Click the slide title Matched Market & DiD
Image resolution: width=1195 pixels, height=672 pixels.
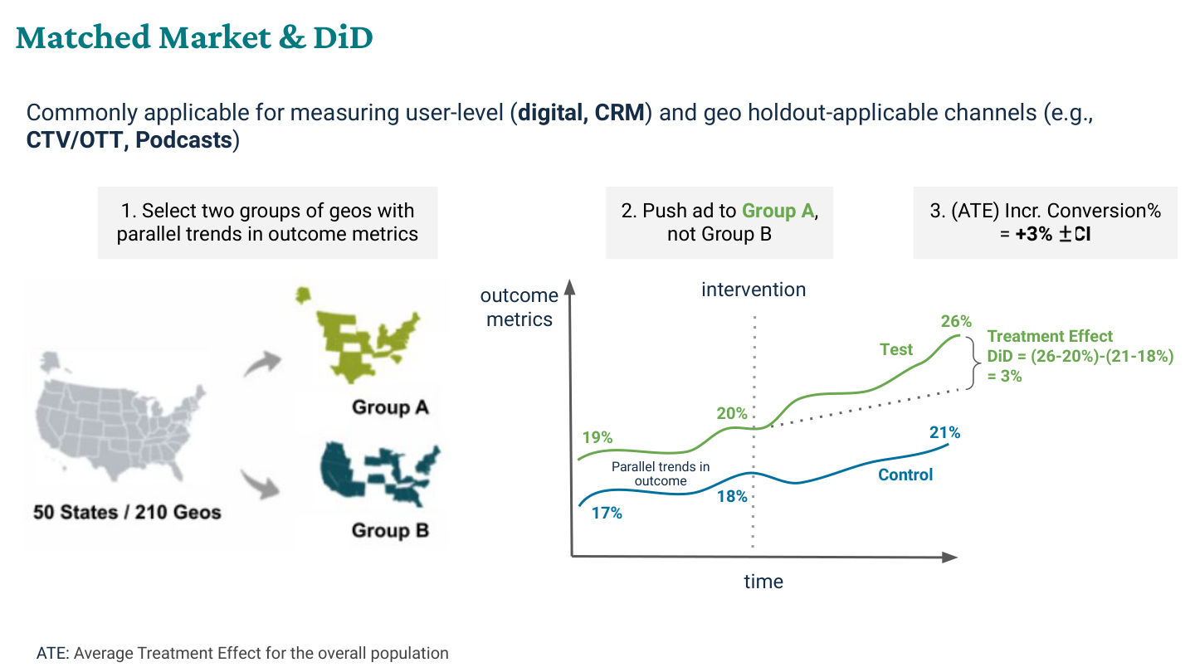tap(194, 37)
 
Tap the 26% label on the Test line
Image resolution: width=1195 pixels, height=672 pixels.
tap(956, 321)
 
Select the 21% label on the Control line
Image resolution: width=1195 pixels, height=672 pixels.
tap(944, 432)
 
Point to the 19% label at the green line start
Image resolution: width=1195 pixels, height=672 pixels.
tap(597, 437)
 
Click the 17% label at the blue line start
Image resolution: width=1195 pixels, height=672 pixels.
tap(607, 513)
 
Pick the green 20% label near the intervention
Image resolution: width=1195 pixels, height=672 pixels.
tap(732, 413)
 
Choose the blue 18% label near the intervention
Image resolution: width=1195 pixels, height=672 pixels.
tap(732, 496)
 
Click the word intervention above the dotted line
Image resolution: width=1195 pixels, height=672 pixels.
tap(754, 290)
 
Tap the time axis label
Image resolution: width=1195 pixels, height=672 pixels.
tap(763, 582)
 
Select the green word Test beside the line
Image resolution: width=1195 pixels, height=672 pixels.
tap(896, 349)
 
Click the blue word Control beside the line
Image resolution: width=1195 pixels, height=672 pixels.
tap(905, 475)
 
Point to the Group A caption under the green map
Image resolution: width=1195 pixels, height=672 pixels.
tap(390, 407)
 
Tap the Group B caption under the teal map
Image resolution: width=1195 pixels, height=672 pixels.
tap(390, 530)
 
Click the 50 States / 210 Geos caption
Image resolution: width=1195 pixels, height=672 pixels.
tap(127, 512)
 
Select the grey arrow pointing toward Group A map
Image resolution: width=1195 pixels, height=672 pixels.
tap(262, 363)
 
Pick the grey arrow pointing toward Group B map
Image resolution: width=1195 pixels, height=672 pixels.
tap(261, 484)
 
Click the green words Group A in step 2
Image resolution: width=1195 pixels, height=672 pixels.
tap(778, 211)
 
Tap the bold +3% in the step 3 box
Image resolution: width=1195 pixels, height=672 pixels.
tap(1034, 234)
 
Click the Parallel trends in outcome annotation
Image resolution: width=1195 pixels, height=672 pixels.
tap(661, 474)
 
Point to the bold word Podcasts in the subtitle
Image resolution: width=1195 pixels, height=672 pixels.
tap(183, 139)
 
